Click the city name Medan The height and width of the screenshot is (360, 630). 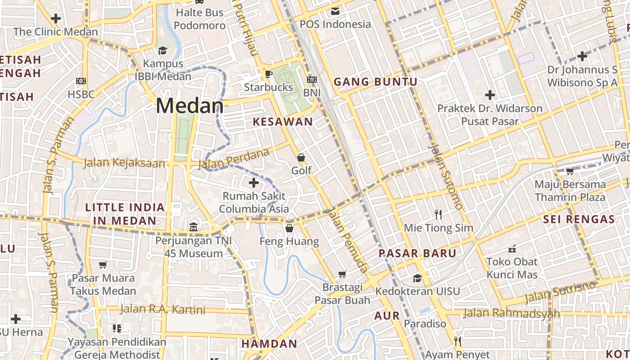click(189, 106)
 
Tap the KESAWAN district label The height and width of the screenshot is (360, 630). click(283, 121)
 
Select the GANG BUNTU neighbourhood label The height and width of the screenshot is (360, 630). click(375, 82)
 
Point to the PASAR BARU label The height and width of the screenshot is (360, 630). click(417, 253)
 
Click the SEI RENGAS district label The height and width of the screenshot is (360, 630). click(579, 220)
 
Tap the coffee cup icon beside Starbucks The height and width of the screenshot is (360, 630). click(269, 74)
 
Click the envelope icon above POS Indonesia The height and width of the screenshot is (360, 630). click(335, 11)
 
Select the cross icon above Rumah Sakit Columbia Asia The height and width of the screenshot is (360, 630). click(254, 183)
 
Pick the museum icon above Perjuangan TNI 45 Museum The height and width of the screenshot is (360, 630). click(193, 226)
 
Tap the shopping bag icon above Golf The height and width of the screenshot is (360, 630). click(301, 157)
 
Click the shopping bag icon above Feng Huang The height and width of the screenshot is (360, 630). click(289, 228)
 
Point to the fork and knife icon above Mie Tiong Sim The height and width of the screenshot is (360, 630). click(438, 214)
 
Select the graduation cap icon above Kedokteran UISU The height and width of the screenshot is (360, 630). click(417, 278)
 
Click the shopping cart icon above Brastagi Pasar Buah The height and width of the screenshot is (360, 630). click(342, 274)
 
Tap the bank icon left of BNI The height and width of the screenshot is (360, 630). click(311, 80)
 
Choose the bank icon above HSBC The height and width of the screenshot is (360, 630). click(81, 81)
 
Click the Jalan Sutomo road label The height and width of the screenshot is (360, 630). click(445, 176)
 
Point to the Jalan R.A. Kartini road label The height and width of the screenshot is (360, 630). click(162, 310)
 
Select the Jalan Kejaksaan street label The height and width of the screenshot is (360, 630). click(124, 162)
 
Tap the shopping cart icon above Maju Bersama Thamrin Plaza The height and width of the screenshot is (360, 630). click(570, 171)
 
